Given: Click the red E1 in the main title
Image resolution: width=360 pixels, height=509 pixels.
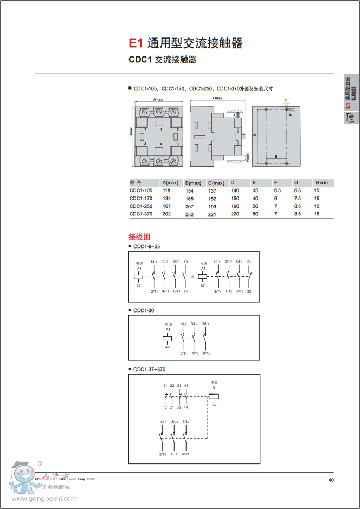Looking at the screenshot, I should pos(134,43).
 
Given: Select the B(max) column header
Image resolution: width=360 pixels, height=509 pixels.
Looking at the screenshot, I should pos(193,183).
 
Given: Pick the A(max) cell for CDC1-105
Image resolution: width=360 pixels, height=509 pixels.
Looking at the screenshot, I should pos(166,190).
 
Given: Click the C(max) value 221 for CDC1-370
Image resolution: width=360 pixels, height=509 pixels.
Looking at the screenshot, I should pos(212,214).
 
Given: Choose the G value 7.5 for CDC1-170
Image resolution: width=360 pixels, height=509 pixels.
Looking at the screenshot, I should pos(297,199).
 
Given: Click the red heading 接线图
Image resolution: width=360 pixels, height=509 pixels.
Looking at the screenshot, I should pos(139,237).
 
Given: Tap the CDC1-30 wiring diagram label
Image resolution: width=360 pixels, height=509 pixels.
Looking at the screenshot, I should pos(144,310).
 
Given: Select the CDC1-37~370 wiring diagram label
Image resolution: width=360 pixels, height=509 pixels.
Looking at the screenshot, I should pos(150,369).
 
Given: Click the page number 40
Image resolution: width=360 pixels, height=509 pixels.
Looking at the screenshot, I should pos(331,480).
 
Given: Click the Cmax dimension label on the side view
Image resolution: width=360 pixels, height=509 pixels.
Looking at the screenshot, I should pos(218,98).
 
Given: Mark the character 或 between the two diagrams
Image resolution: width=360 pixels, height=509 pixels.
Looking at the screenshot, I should pos(192,276).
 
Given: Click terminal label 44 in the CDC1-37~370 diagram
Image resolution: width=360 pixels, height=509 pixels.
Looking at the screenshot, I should pos(186,407).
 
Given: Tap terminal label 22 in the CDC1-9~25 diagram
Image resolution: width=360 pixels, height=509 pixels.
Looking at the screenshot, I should pos(249,292).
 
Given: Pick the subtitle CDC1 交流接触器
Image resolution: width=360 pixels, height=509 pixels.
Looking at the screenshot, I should pos(163,60).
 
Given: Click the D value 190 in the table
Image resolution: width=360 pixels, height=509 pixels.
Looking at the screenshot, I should pos(235,206).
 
